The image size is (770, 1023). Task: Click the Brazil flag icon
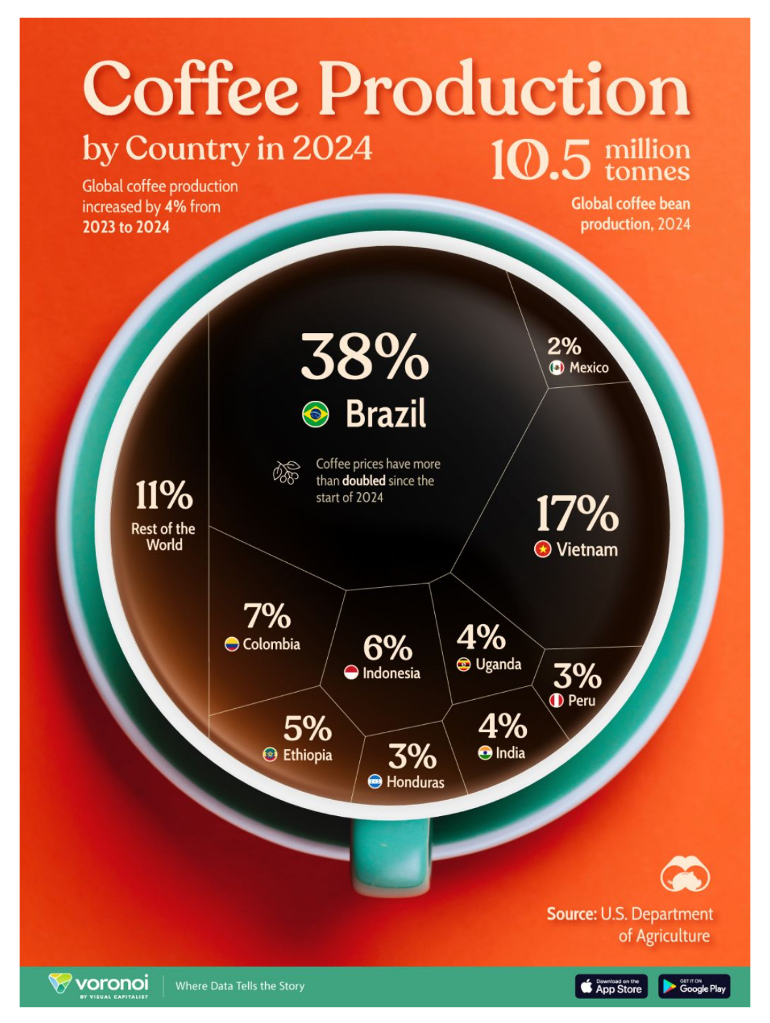(315, 414)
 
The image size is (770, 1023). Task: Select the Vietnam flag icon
(543, 549)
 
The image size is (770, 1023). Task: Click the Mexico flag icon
(556, 368)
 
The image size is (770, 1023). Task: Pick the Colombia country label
(271, 644)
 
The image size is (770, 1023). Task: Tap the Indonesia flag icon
(351, 672)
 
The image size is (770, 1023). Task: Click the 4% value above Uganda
(481, 637)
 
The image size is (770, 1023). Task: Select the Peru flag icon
(556, 700)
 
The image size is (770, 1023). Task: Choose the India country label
(510, 753)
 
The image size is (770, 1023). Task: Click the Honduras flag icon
(375, 781)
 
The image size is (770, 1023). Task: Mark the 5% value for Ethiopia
(307, 728)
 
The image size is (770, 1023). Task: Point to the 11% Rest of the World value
(164, 495)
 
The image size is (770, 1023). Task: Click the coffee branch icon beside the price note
(286, 471)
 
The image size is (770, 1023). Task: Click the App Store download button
(611, 986)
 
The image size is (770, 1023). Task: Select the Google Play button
(694, 986)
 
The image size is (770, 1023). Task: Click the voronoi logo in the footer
(99, 984)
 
